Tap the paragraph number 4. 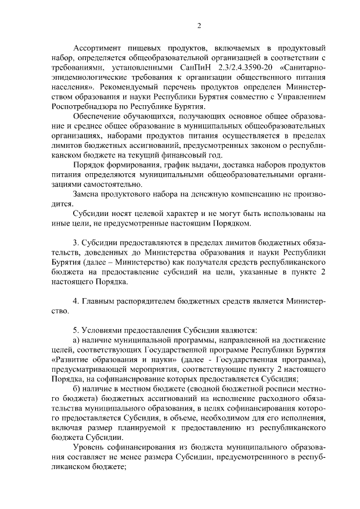(76, 300)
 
